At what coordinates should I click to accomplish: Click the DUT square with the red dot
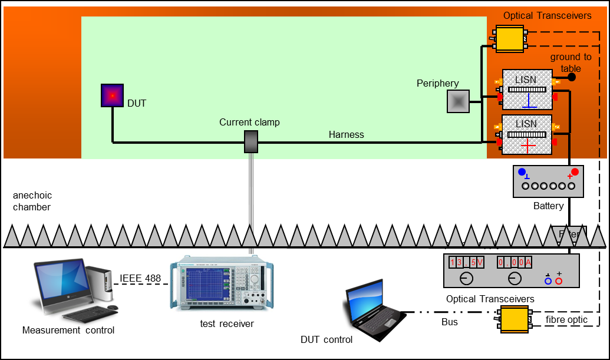pyautogui.click(x=112, y=95)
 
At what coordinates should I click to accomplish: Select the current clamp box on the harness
pyautogui.click(x=252, y=142)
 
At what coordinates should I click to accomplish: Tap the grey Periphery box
pyautogui.click(x=458, y=101)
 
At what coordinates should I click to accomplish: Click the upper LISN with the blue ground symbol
pyautogui.click(x=527, y=90)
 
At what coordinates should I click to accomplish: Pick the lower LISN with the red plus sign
pyautogui.click(x=527, y=135)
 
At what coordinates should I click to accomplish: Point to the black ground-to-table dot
pyautogui.click(x=571, y=77)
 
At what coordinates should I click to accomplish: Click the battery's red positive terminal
pyautogui.click(x=575, y=172)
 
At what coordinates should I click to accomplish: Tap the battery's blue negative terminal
pyautogui.click(x=522, y=172)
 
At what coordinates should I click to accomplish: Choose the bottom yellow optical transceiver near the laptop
pyautogui.click(x=514, y=319)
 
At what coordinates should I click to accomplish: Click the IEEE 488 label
pyautogui.click(x=140, y=278)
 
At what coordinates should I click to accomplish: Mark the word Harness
pyautogui.click(x=347, y=134)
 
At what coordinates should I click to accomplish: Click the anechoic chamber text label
pyautogui.click(x=32, y=201)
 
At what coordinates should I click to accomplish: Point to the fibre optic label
pyautogui.click(x=566, y=319)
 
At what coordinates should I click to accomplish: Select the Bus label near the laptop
pyautogui.click(x=449, y=322)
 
